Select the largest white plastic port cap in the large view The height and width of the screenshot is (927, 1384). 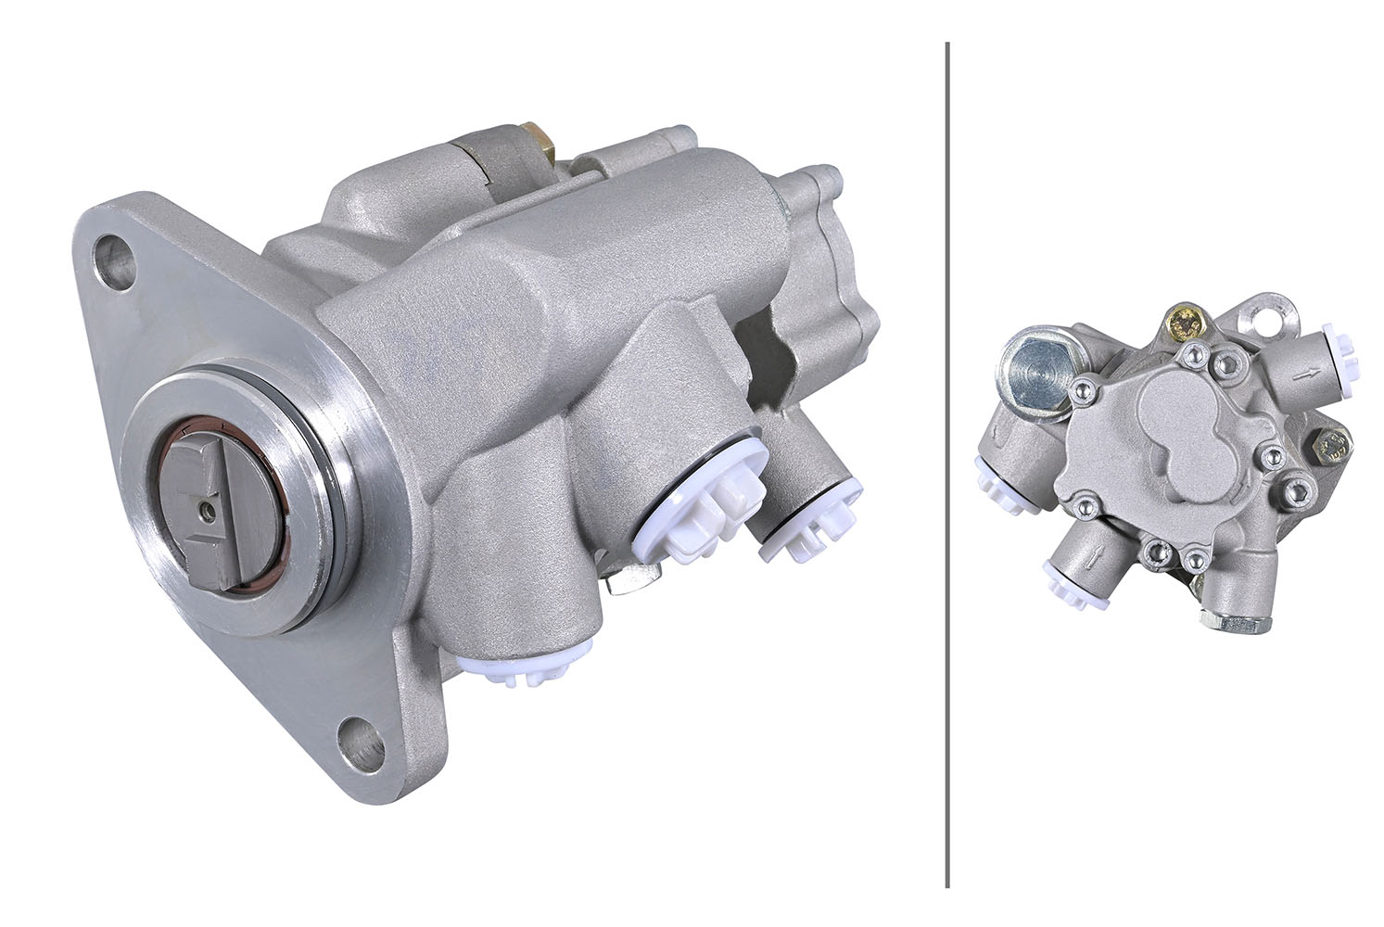point(705,506)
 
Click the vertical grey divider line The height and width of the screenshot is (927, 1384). point(946,463)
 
